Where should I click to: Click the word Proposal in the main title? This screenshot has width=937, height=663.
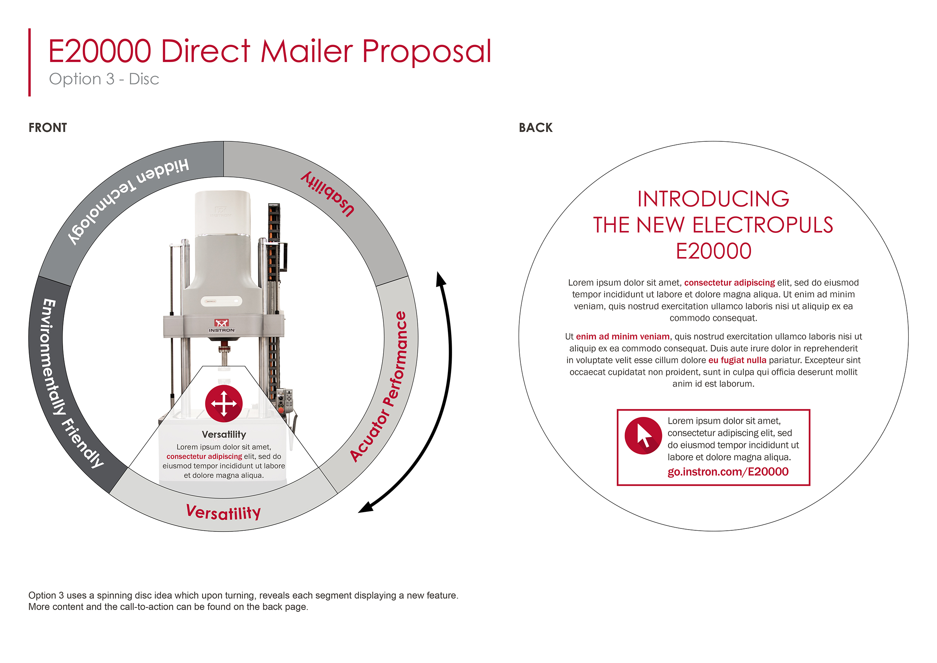point(426,52)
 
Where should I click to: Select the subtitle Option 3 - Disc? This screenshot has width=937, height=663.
point(104,79)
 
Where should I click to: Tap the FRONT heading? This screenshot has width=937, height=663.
point(48,128)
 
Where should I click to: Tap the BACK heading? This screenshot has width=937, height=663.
point(536,128)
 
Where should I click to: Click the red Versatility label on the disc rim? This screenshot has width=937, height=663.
point(223,512)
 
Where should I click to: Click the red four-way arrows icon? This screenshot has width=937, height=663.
point(224,404)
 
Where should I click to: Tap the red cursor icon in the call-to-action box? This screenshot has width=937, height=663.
point(643,435)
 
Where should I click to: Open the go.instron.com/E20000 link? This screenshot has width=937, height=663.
point(728,472)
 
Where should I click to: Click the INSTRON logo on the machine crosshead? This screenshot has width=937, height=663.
point(222,325)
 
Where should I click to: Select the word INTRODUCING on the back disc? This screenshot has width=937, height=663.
point(713,199)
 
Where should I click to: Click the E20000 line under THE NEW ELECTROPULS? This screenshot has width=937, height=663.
point(713,251)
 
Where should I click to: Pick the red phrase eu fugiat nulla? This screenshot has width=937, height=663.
point(737,360)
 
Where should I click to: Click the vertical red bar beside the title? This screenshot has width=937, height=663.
point(29,62)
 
